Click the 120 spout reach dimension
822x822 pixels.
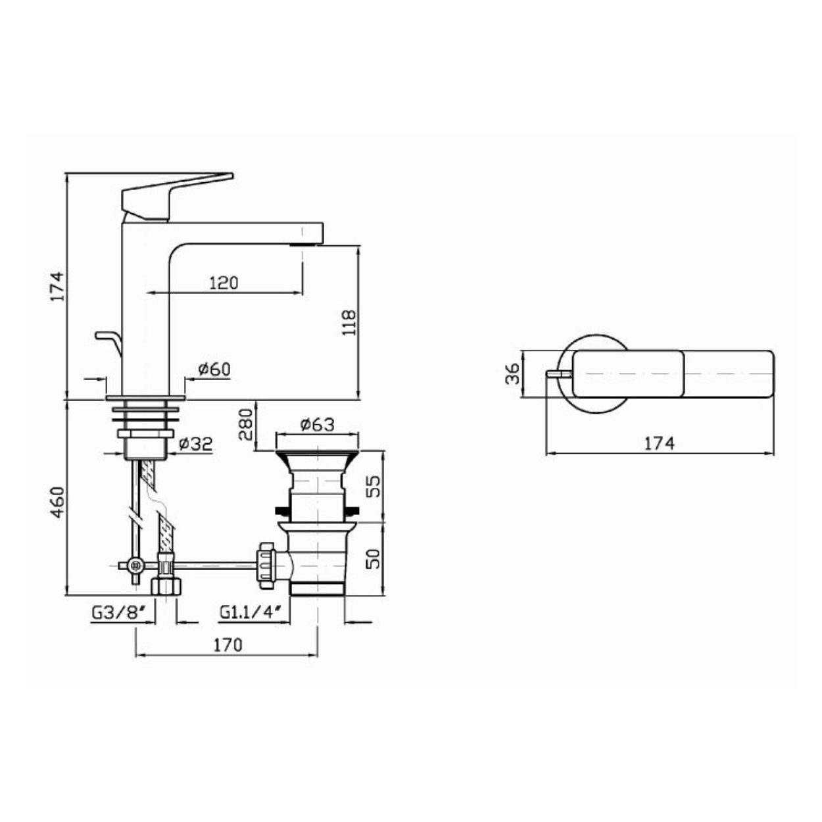coord(224,282)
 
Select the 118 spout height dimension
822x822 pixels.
coord(349,322)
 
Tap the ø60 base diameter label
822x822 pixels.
coord(214,369)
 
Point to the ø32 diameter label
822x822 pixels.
coord(195,444)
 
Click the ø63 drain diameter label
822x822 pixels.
coord(318,424)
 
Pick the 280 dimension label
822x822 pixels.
coord(247,424)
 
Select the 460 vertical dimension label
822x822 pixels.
coord(58,502)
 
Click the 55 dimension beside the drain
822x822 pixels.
coord(373,487)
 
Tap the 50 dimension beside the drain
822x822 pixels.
coord(373,559)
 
